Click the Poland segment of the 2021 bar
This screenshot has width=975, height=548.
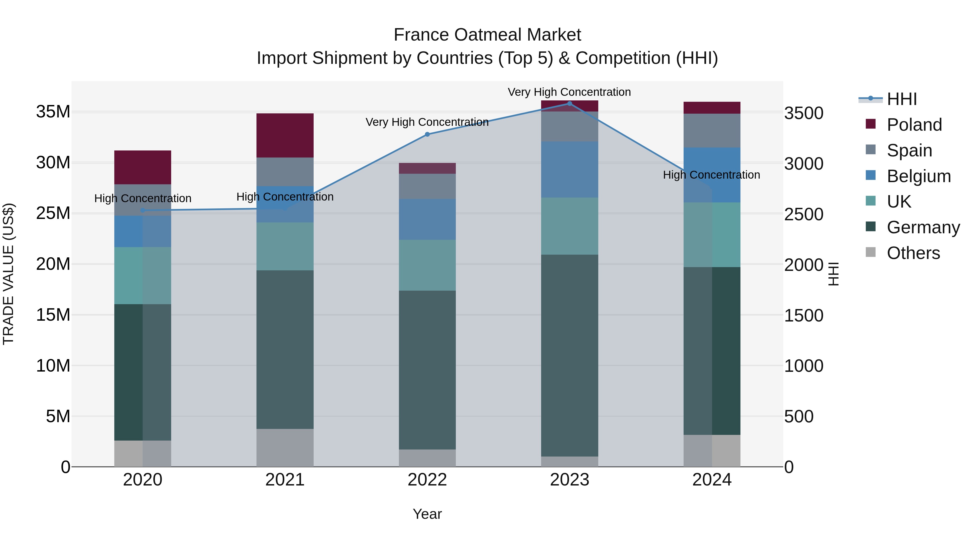[285, 135]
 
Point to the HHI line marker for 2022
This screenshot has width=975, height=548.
[427, 134]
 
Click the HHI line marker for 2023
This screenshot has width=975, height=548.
[570, 104]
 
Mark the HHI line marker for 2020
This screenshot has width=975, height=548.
[143, 210]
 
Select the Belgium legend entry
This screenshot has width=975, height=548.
[919, 176]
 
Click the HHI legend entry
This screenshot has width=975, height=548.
[902, 99]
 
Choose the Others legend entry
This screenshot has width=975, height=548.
[913, 253]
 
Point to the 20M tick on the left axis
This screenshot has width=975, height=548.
[53, 264]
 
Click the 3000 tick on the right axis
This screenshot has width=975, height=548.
[804, 164]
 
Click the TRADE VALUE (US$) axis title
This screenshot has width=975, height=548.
[8, 274]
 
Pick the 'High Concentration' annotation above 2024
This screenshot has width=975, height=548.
[711, 175]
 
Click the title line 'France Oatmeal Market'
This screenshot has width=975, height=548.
[487, 35]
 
